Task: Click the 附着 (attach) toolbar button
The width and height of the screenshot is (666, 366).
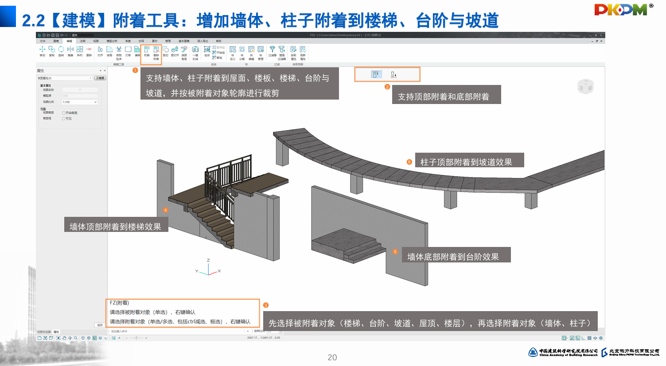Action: pos(147,51)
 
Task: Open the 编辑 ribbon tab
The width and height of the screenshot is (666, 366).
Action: pos(69,41)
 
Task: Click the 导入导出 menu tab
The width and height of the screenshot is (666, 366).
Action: pos(203,41)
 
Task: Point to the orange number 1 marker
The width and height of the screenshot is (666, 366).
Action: pos(135,70)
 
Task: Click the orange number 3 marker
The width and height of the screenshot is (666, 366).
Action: pos(266,305)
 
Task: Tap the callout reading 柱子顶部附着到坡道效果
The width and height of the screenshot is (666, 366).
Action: pos(466,162)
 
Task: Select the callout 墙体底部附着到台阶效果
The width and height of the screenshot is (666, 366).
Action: pos(453,257)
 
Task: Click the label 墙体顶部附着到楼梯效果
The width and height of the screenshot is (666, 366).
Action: pos(115,227)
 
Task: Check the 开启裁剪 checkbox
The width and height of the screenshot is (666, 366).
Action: pos(64,113)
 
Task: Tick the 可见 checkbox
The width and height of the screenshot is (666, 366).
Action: pos(64,119)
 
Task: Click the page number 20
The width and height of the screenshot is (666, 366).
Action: pos(332,358)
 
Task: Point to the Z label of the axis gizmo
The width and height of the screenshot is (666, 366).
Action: pos(208,260)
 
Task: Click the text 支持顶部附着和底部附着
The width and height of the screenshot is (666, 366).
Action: pos(443,96)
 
